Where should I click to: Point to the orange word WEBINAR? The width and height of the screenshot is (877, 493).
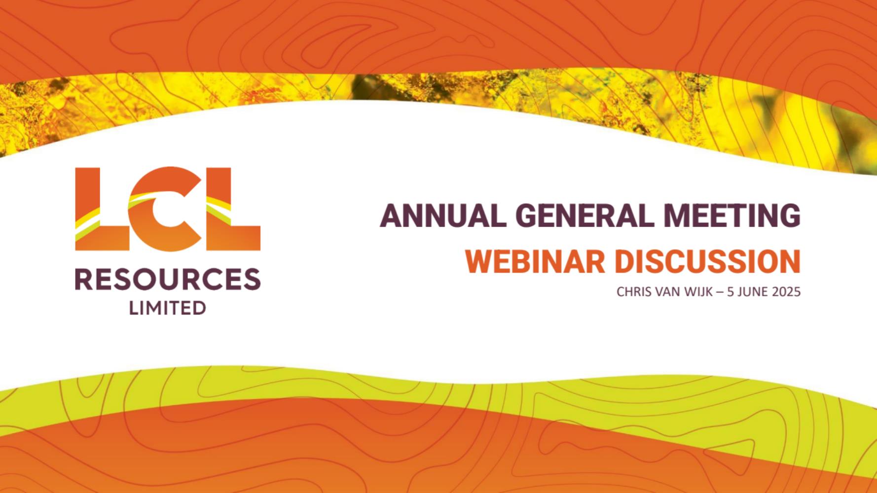pos(535,261)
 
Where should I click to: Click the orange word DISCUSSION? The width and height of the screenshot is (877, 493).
pos(708,261)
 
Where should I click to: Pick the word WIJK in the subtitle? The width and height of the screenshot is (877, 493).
pos(699,292)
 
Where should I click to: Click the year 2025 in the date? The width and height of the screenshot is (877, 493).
pos(786,292)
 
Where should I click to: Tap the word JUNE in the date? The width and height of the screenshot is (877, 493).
pos(753,292)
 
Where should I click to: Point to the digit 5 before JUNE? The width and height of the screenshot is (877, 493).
pos(731,292)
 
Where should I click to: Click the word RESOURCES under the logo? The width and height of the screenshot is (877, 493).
pos(168,280)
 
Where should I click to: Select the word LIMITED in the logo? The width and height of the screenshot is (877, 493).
pos(168,308)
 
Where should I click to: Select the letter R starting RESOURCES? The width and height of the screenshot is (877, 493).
pos(84,280)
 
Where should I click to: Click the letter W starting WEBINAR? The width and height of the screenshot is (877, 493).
pos(477,261)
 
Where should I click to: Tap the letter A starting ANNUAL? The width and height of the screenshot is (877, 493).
pos(390,215)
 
